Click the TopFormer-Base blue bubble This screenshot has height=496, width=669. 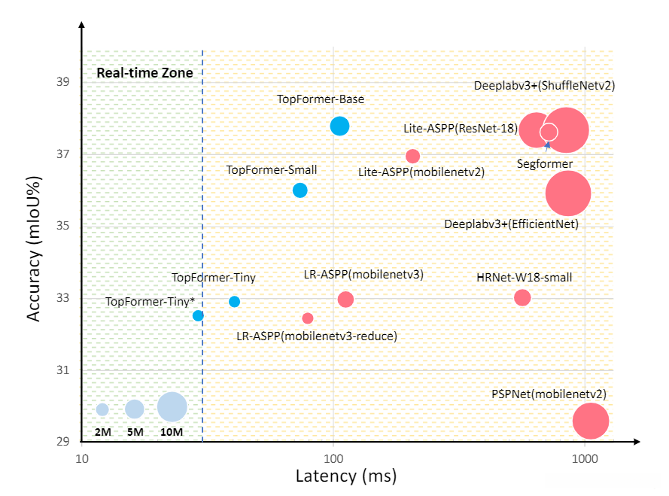[x=339, y=126]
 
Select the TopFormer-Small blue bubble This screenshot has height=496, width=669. [x=300, y=190]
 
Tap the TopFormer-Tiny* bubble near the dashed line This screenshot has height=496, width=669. [x=198, y=315]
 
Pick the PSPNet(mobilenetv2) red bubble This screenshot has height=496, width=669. [x=591, y=421]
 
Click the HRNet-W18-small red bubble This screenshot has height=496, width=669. [x=522, y=297]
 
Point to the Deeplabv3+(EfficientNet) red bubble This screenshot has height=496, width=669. [x=568, y=193]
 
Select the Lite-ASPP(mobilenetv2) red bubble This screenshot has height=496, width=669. [x=412, y=156]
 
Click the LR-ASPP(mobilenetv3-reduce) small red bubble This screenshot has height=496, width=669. [x=308, y=318]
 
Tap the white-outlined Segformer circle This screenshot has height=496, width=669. [x=549, y=132]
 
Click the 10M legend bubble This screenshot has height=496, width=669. [x=172, y=407]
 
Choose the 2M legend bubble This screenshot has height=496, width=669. [x=102, y=409]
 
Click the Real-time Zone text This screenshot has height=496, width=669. [x=144, y=74]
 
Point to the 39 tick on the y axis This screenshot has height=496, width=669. [x=65, y=81]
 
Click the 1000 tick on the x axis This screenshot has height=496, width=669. [x=585, y=458]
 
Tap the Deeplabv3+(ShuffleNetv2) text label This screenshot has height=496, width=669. [x=544, y=86]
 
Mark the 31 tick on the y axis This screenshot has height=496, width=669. [x=65, y=370]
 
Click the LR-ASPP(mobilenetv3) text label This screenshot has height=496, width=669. [x=363, y=275]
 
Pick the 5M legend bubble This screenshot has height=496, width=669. [x=134, y=409]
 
